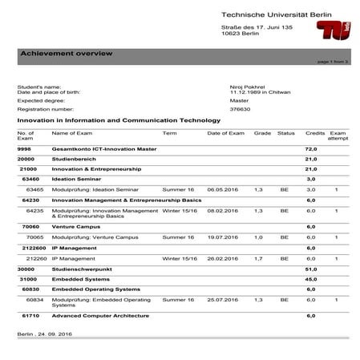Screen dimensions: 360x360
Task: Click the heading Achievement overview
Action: tap(66, 53)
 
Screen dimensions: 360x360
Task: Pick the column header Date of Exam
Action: tap(225, 132)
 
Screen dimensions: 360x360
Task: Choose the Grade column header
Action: tap(262, 132)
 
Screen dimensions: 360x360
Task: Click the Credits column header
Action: tap(315, 132)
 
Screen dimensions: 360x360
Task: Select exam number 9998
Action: tap(24, 149)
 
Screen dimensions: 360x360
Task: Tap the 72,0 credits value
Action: tap(312, 149)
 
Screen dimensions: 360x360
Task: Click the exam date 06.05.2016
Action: tap(224, 189)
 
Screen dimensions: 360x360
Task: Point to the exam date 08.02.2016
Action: tap(224, 210)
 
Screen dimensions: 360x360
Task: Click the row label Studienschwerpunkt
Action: tap(84, 269)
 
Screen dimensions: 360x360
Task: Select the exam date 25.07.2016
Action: tap(224, 299)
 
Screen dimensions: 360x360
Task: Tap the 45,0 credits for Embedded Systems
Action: tap(312, 279)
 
